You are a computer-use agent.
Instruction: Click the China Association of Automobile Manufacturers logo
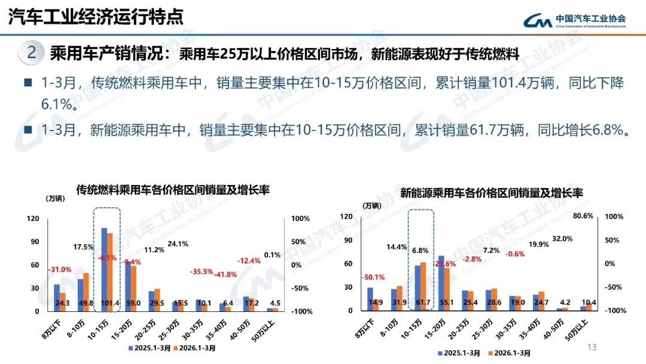(x=574, y=20)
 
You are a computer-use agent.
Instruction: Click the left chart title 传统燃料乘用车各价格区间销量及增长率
(x=173, y=190)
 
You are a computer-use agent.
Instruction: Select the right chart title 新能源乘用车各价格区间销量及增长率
(x=491, y=193)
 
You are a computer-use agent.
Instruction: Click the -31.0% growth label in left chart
(x=59, y=269)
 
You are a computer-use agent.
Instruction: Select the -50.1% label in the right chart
(x=373, y=277)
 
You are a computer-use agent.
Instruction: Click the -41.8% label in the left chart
(x=226, y=274)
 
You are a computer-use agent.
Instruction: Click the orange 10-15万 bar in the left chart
(x=109, y=269)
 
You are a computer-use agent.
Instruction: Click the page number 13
(x=593, y=347)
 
